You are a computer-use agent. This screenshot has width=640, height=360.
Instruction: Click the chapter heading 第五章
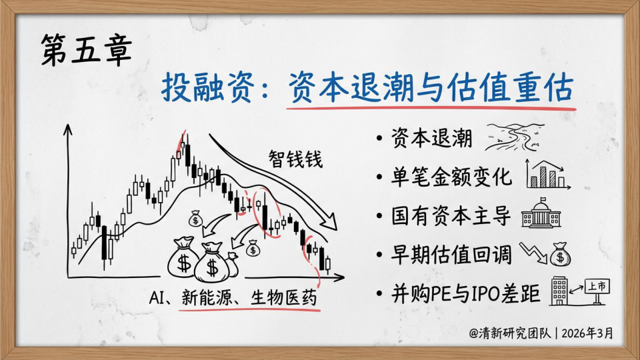[x=87, y=50]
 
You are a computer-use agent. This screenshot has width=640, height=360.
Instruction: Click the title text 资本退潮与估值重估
[x=431, y=88]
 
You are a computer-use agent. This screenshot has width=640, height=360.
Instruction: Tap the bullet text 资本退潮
[x=432, y=139]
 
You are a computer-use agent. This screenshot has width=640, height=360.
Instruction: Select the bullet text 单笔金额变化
[x=451, y=177]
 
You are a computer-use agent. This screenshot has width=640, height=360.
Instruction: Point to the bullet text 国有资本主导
[x=451, y=215]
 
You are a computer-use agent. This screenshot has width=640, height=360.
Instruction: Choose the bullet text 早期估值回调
[x=451, y=254]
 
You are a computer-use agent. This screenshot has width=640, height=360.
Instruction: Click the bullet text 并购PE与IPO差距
[x=466, y=293]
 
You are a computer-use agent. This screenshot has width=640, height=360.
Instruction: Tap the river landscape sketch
[x=515, y=137]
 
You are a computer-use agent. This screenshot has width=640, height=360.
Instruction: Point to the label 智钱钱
[x=295, y=159]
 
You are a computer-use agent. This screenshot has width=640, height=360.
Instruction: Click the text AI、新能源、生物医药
[x=233, y=297]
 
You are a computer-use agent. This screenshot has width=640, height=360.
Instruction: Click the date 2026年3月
[x=587, y=333]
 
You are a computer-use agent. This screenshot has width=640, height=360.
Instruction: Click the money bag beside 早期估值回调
[x=560, y=254]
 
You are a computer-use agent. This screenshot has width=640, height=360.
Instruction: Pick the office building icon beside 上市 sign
[x=559, y=291]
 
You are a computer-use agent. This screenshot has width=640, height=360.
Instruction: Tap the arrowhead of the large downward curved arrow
[x=329, y=221]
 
